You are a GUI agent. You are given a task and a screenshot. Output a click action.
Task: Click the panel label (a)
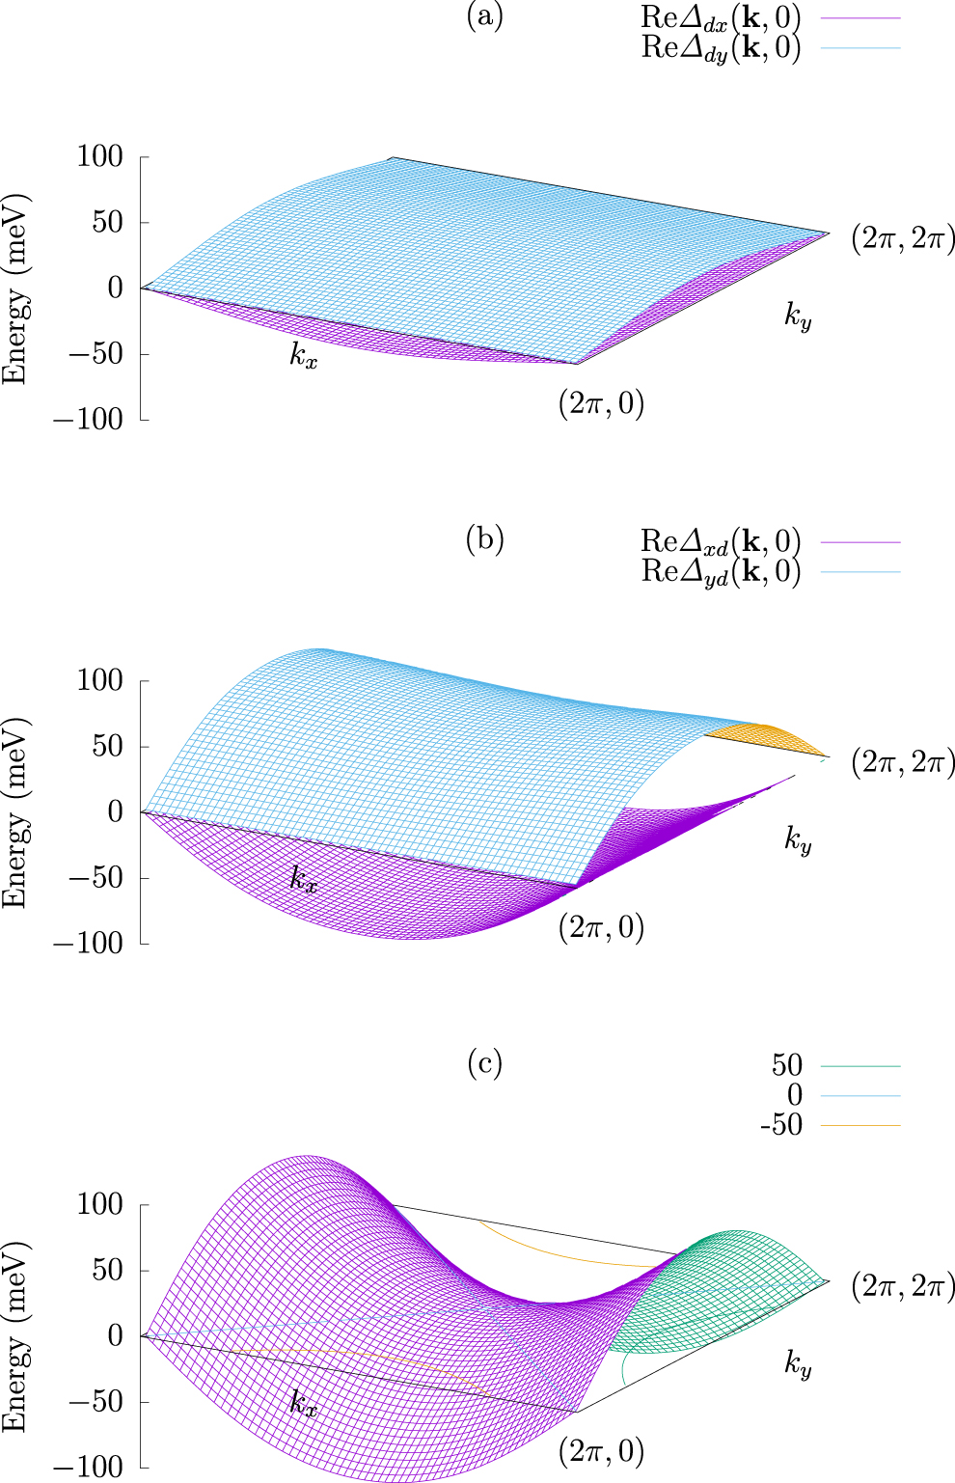(484, 16)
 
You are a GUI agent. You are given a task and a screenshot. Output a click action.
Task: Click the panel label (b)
(484, 539)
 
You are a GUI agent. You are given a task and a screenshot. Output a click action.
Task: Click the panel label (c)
(484, 1063)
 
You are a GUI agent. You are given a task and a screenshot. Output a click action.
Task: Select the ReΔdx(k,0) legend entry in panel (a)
(721, 17)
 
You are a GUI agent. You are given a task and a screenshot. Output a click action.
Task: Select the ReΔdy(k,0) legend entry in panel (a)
(721, 47)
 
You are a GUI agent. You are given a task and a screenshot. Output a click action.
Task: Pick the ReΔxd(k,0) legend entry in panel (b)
(721, 541)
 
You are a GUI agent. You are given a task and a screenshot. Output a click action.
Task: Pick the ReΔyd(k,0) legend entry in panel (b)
(721, 571)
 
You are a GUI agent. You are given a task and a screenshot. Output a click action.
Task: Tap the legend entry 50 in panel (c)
(787, 1065)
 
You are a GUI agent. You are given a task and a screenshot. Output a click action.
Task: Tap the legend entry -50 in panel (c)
(781, 1125)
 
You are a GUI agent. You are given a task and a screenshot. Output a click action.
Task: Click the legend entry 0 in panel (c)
(794, 1095)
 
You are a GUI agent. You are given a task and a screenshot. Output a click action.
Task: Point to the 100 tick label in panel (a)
(99, 156)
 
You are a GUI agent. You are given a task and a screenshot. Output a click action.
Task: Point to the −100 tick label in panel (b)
(88, 944)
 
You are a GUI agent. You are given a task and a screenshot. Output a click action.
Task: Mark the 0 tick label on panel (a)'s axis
(115, 288)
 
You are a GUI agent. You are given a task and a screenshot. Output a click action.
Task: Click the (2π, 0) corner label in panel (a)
(601, 403)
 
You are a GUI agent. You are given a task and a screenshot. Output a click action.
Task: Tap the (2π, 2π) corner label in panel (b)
(902, 763)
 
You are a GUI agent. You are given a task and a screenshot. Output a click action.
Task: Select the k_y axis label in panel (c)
(798, 1364)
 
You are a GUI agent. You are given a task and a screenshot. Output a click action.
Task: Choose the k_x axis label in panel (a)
(304, 355)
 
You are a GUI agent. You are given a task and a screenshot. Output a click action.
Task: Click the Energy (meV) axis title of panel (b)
(15, 812)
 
